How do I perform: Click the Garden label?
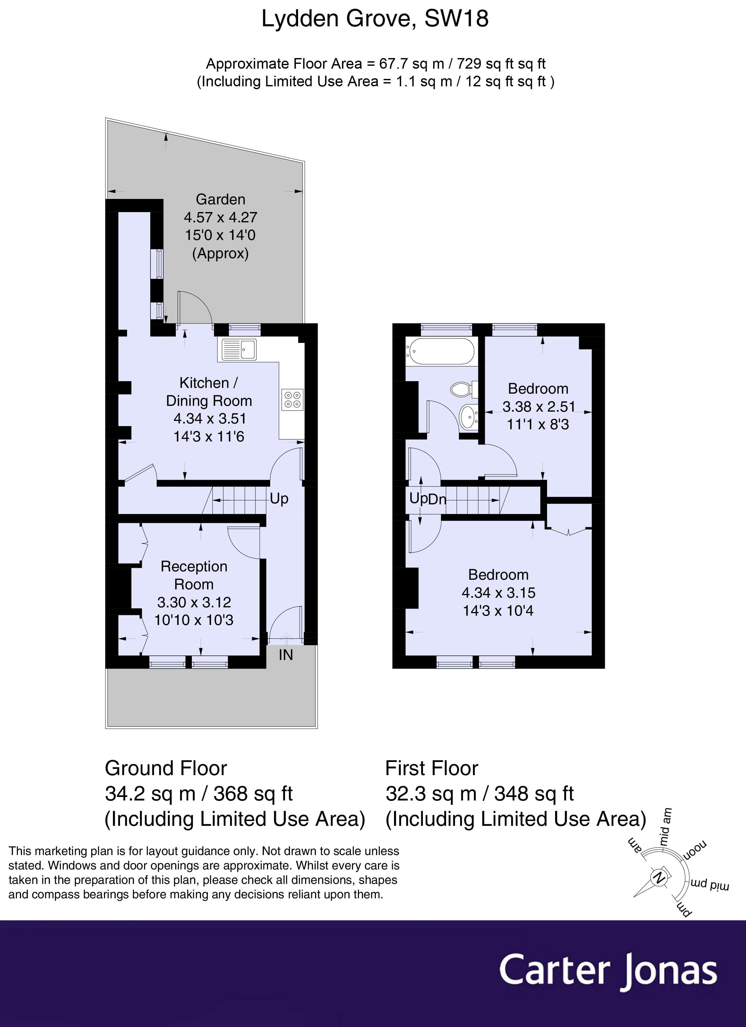[220, 199]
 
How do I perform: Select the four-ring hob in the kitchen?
[292, 399]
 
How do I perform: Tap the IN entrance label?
[286, 655]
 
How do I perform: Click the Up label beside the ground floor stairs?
[279, 499]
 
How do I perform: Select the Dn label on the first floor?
[437, 499]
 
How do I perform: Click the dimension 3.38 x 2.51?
[538, 407]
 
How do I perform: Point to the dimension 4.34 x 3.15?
[498, 592]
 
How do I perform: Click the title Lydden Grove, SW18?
[375, 20]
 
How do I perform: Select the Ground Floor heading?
[166, 768]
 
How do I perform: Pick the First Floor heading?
[432, 768]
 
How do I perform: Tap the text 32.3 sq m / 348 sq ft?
[479, 793]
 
